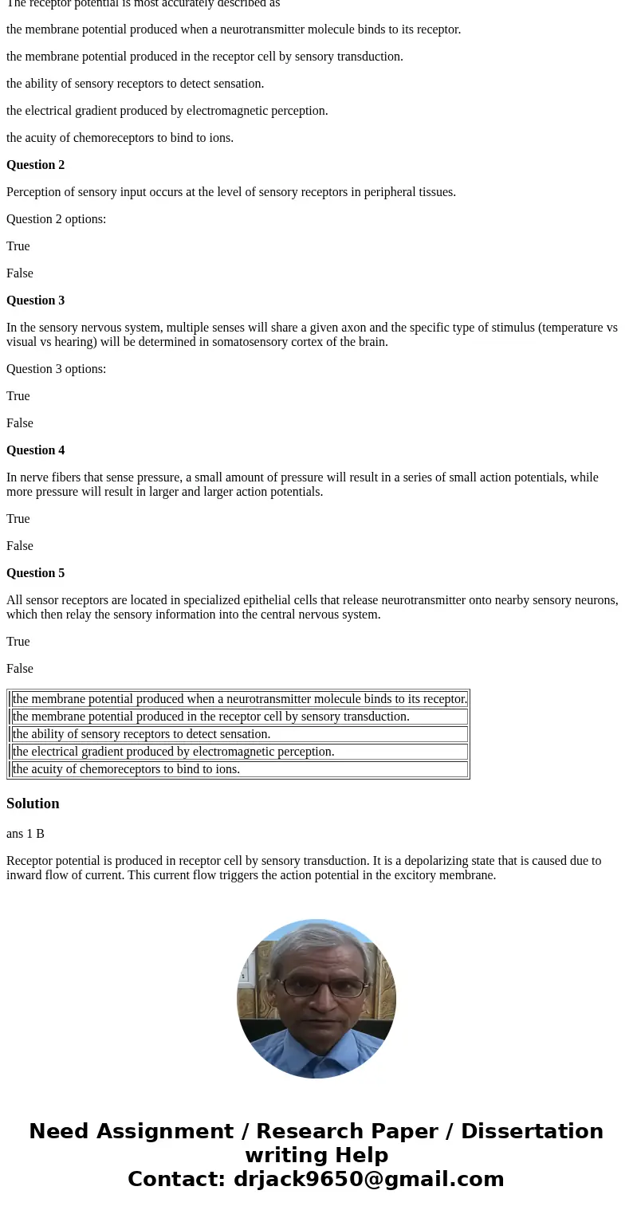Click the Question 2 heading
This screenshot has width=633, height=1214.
pyautogui.click(x=35, y=165)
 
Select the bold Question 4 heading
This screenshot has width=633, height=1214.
pyautogui.click(x=35, y=450)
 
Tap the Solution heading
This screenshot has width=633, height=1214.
pyautogui.click(x=33, y=803)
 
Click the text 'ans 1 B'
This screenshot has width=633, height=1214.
pyautogui.click(x=26, y=834)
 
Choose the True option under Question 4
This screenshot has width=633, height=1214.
pyautogui.click(x=18, y=519)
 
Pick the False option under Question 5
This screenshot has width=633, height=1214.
pyautogui.click(x=20, y=669)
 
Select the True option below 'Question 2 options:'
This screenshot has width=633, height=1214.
pyautogui.click(x=18, y=246)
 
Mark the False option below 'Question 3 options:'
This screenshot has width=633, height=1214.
pyautogui.click(x=20, y=423)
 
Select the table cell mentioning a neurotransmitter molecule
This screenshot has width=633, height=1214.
pyautogui.click(x=239, y=699)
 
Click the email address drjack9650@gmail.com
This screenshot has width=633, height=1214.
pyautogui.click(x=368, y=1179)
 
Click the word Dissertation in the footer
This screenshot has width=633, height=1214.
pyautogui.click(x=532, y=1131)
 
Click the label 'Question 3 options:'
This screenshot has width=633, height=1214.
pyautogui.click(x=56, y=369)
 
